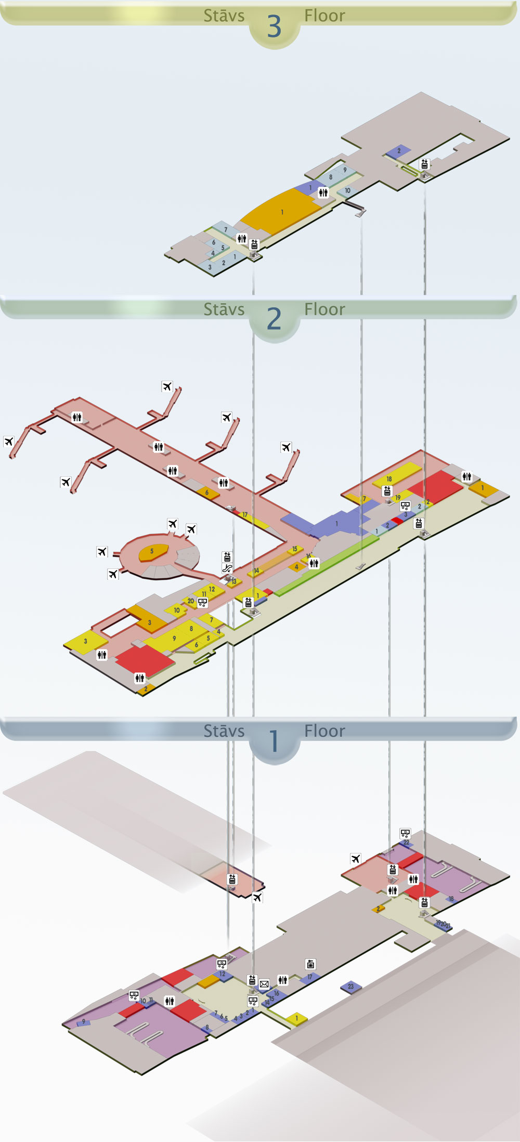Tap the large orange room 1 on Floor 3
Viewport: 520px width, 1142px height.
point(282,212)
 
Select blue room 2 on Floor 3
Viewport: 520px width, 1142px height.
point(399,151)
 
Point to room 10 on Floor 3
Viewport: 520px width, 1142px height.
point(347,191)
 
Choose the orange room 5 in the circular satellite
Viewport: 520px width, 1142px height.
point(152,552)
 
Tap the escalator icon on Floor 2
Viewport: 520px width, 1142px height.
point(227,568)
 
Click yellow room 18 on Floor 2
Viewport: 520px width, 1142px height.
point(389,478)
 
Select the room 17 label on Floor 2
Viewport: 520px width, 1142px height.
point(245,515)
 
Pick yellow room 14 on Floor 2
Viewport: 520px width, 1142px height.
point(256,571)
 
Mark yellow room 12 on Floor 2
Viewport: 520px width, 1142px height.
point(212,589)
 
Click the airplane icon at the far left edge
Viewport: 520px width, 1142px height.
point(8,442)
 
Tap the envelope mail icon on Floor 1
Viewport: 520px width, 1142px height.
point(264,984)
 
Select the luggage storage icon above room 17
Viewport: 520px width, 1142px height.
point(310,965)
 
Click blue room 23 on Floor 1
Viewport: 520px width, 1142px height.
point(350,987)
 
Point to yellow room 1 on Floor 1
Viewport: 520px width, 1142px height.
point(297,1018)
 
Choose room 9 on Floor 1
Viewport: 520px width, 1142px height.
point(83,1022)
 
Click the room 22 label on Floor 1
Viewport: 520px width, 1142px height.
point(406,842)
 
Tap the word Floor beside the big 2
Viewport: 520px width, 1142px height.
point(324,309)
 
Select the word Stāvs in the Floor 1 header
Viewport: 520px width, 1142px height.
point(224,731)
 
